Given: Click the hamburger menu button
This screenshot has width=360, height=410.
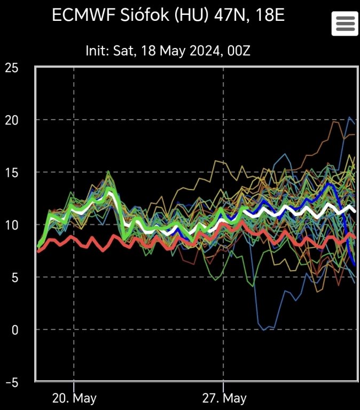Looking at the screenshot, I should [x=345, y=23].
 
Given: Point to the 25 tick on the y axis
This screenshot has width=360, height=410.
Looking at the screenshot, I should [x=11, y=68].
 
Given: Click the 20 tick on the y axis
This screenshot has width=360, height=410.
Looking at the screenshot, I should [x=11, y=120].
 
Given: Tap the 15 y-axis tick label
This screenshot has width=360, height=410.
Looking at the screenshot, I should [x=11, y=172].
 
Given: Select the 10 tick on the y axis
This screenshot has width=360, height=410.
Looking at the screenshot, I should [x=11, y=225].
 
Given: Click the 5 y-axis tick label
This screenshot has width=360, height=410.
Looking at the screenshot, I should [x=14, y=277].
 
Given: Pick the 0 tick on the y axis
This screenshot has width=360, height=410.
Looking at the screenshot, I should [x=14, y=329].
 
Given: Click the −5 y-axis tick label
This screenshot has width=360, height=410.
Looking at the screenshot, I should [x=11, y=382].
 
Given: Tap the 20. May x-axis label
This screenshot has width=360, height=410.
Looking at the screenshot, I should [x=74, y=398].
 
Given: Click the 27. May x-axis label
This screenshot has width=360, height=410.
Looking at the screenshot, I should [x=223, y=398].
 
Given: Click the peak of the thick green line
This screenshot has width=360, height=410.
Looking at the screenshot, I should [x=109, y=190].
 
